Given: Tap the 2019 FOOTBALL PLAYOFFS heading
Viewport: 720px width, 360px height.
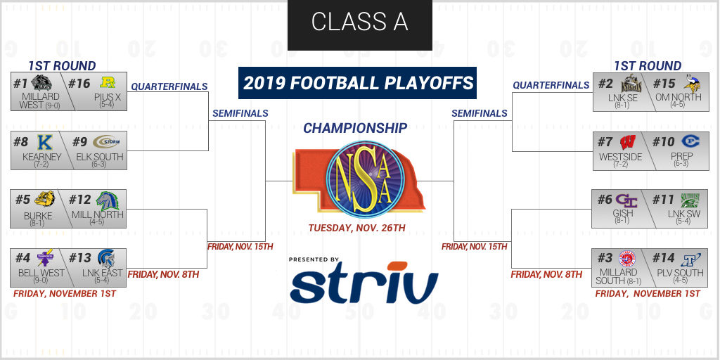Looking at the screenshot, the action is (x=357, y=83).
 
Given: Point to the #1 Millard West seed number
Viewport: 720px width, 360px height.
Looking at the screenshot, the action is (x=20, y=83).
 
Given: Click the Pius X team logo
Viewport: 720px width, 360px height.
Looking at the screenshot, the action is (x=108, y=83).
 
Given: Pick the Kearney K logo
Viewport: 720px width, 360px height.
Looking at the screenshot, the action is (x=44, y=142).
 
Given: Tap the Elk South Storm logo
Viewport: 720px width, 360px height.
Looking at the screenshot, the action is (x=106, y=142).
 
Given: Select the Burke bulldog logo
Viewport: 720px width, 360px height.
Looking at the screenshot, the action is (x=44, y=199).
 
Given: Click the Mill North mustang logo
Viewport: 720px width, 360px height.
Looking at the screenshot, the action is (x=108, y=200).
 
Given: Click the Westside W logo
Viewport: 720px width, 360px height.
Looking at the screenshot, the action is (x=628, y=142).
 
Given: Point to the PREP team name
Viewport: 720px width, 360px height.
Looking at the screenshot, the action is (x=681, y=156).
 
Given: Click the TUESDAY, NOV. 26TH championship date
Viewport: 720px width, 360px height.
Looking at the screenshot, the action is (x=356, y=228).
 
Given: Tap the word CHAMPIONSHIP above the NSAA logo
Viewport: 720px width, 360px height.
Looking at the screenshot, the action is (x=355, y=128).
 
